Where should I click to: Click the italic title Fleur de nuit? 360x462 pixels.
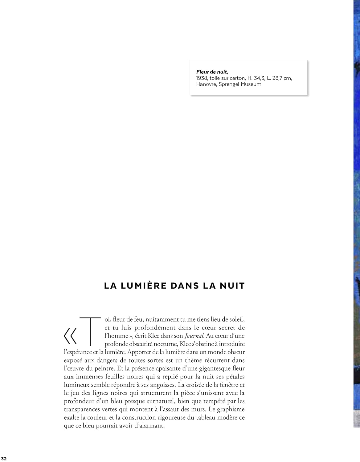pyautogui.click(x=212, y=72)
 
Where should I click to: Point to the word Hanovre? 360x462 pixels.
pyautogui.click(x=206, y=84)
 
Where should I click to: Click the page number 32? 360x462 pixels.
pyautogui.click(x=4, y=459)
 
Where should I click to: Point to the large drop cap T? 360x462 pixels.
pyautogui.click(x=90, y=330)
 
